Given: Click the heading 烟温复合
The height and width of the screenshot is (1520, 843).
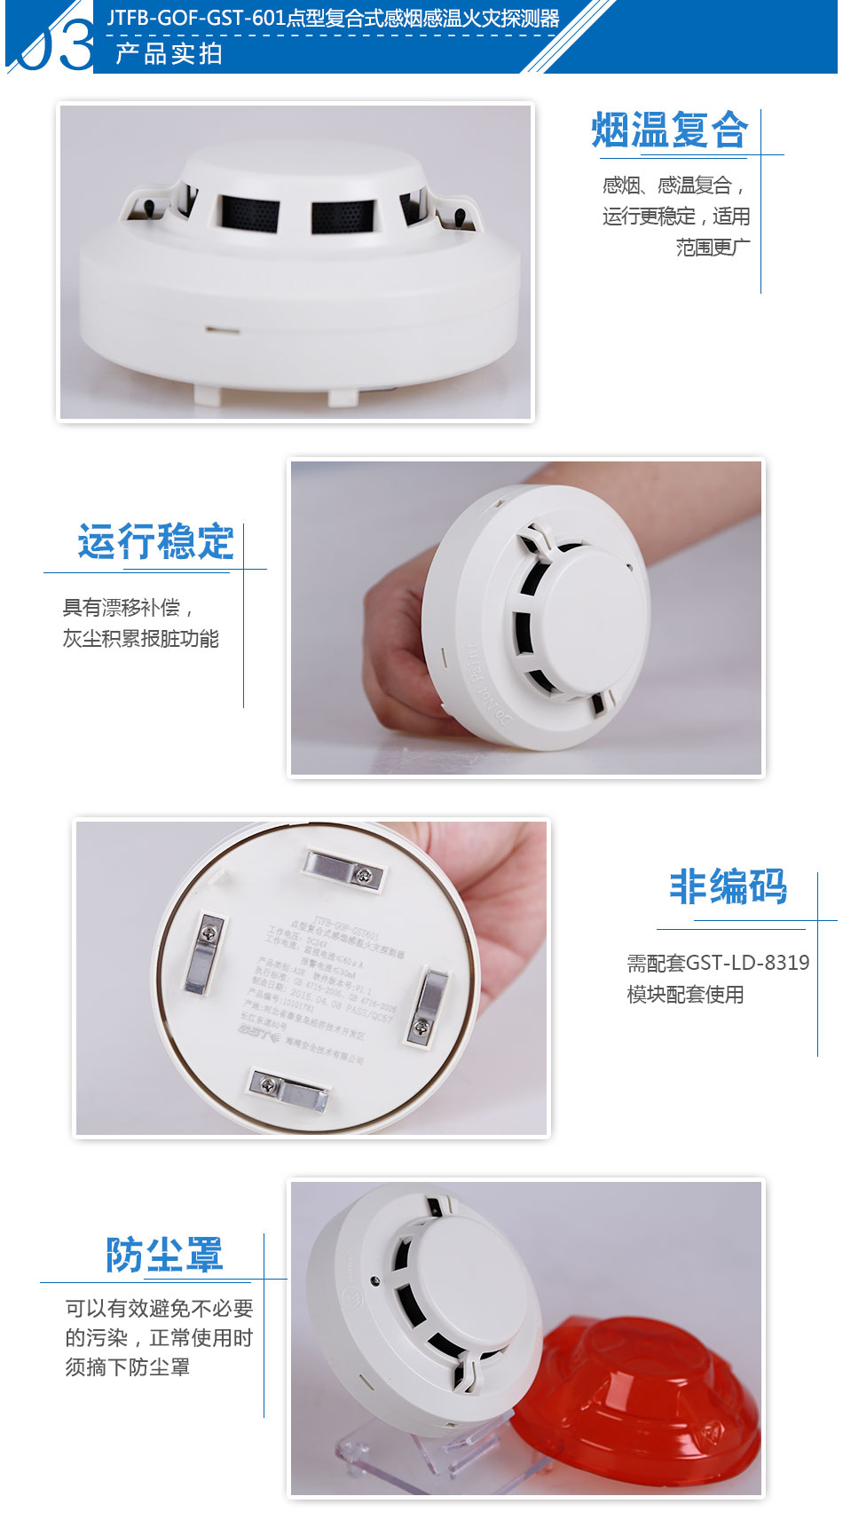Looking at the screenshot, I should [670, 130].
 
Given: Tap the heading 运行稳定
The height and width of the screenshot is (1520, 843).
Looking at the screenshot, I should [155, 542].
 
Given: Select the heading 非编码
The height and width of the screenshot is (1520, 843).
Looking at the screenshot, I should [728, 886].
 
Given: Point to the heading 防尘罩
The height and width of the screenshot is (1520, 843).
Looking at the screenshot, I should [164, 1255].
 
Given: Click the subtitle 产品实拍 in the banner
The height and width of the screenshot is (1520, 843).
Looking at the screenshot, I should [169, 54].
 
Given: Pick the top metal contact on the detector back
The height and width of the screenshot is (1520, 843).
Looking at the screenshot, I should [343, 868].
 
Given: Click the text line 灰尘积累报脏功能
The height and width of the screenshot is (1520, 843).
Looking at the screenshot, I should [140, 639].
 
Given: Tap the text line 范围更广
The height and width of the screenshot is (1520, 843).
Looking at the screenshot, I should [713, 248].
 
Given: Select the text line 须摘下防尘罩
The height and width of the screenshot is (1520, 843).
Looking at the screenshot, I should [127, 1367].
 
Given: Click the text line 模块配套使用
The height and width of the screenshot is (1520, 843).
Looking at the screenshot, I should [685, 995].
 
